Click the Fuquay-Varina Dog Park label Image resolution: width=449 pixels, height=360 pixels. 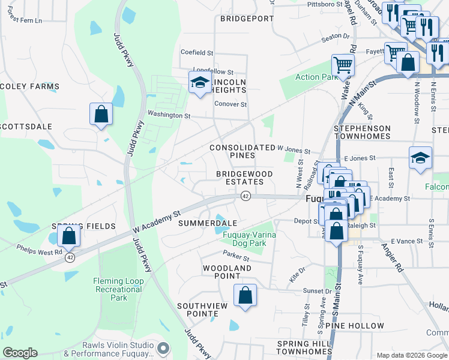click(249, 239)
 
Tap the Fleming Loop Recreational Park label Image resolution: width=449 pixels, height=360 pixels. click(119, 289)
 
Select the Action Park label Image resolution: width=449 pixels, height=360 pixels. click(316, 77)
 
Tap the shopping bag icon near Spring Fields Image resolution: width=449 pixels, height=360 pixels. click(69, 235)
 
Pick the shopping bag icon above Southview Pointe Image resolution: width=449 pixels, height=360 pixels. click(244, 295)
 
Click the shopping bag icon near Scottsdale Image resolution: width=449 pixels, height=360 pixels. click(101, 114)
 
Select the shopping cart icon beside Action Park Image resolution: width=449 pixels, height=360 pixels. click(342, 65)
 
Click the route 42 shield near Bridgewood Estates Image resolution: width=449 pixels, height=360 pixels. click(246, 196)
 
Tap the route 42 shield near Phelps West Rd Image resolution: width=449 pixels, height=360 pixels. click(70, 257)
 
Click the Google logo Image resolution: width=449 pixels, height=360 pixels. click(20, 353)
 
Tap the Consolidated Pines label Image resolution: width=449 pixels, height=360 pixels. click(242, 151)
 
